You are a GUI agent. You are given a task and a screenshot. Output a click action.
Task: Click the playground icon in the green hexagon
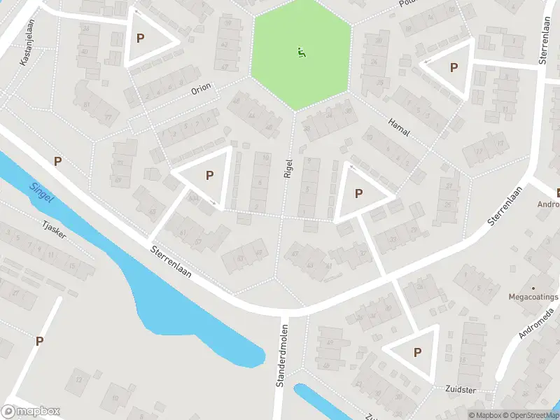(301, 51)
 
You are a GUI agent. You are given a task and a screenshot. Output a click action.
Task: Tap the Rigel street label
(288, 167)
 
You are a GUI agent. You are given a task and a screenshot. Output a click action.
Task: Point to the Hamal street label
(398, 127)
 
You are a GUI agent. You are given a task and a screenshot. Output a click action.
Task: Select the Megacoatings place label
(533, 296)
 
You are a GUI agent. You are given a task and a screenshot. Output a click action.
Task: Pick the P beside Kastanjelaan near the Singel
(57, 162)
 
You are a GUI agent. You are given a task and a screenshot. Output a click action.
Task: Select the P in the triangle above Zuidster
(418, 352)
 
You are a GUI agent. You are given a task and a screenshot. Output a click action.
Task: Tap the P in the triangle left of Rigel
(209, 176)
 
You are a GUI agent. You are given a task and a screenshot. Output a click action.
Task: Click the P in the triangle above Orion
(140, 38)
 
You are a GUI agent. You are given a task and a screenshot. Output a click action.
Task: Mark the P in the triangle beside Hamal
(454, 68)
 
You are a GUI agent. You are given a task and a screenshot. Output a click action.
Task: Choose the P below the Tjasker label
(39, 341)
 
